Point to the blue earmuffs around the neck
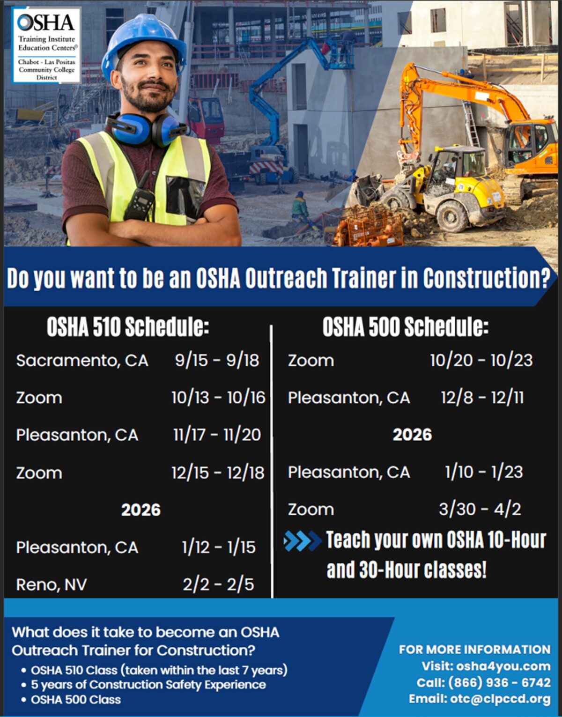[x=145, y=129]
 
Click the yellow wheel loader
[x=450, y=187]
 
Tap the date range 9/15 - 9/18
[x=217, y=360]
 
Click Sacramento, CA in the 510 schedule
[x=82, y=361]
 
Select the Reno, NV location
[x=52, y=584]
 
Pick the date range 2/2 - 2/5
[x=218, y=584]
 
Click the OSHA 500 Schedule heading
[x=405, y=326]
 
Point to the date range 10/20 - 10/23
[x=481, y=360]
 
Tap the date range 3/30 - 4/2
[x=480, y=509]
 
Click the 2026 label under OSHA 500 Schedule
[x=412, y=435]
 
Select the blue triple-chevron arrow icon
[x=302, y=541]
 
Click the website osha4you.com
[x=503, y=666]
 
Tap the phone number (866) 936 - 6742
[x=499, y=682]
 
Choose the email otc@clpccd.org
[x=500, y=699]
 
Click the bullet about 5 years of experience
[x=148, y=685]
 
